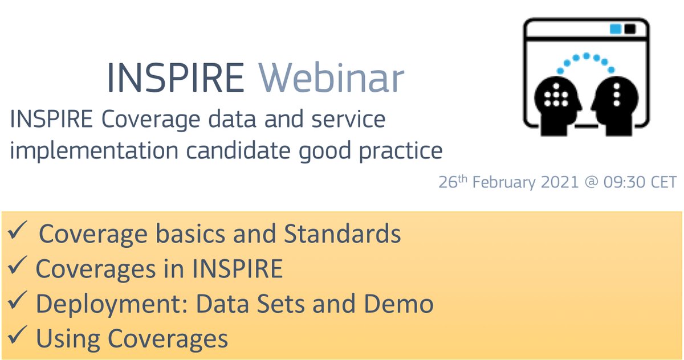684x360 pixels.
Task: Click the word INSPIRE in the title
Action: coord(176,79)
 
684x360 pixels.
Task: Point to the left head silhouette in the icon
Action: coord(555,100)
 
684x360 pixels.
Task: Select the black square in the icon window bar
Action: coord(630,28)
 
